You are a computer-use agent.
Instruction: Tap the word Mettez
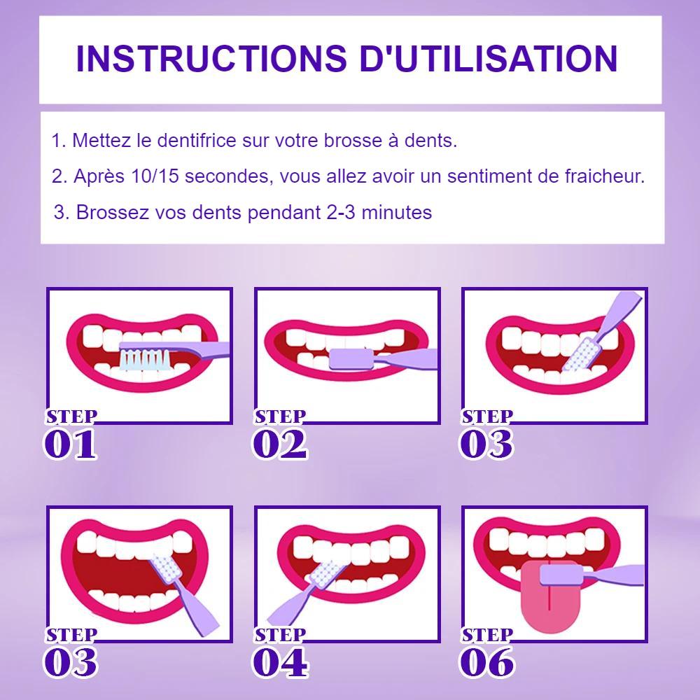point(102,141)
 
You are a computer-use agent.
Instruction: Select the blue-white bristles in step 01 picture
point(144,359)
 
